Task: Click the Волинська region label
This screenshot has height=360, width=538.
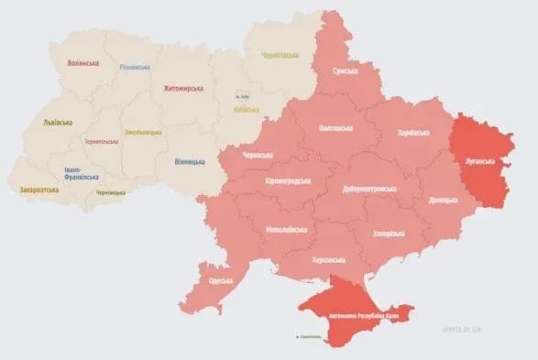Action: pos(83,63)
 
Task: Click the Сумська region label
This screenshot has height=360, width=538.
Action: pos(346,70)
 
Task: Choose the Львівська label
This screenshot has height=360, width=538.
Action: pos(60,122)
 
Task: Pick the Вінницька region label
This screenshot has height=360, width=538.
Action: pos(190,162)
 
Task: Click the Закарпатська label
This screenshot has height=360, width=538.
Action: pos(38,190)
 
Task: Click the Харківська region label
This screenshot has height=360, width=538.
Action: pos(412,134)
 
